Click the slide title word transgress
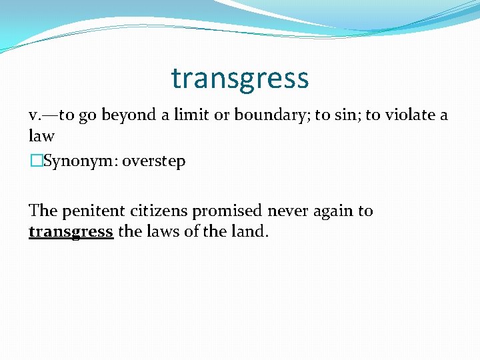(x=240, y=79)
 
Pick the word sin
(x=345, y=115)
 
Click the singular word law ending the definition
(x=41, y=136)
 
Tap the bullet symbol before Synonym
(x=35, y=161)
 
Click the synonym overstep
(x=154, y=161)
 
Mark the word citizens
(x=159, y=211)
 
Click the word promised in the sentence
(x=227, y=211)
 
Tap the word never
(x=287, y=211)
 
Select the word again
(x=333, y=211)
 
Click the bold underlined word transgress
(x=71, y=233)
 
